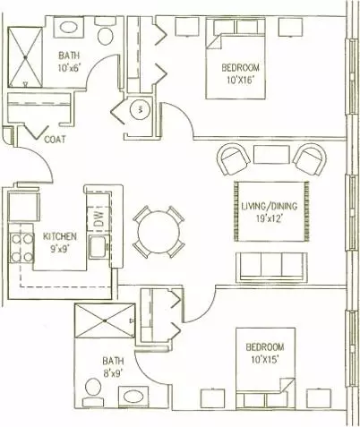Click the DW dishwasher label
point(99,218)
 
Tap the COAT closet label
point(55,140)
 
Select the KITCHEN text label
point(60,236)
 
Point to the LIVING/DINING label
point(270,206)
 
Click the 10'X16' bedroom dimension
point(242,80)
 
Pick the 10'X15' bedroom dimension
point(265,359)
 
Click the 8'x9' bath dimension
point(113,373)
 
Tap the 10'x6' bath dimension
point(70,68)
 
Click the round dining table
point(159,232)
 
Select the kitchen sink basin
point(98,247)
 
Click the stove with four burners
point(21,248)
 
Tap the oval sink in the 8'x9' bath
point(133,397)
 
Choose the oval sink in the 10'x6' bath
point(69,28)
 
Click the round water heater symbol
point(140,109)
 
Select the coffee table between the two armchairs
point(271,154)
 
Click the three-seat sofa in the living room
point(271,268)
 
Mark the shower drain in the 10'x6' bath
point(26,56)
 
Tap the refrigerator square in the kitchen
point(24,207)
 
